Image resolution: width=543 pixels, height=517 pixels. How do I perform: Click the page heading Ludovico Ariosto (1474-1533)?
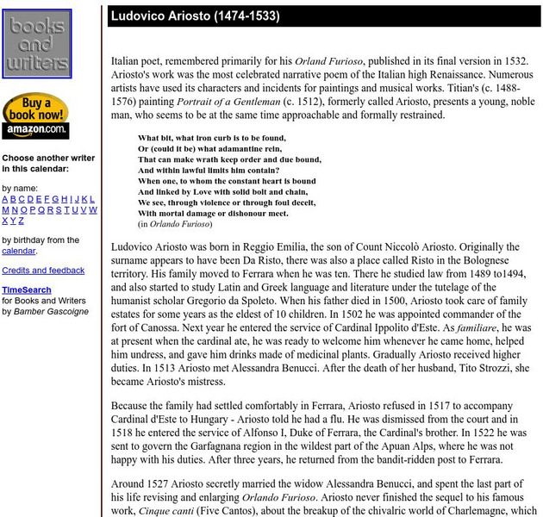[x=195, y=16]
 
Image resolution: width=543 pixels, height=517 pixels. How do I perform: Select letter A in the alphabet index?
[x=5, y=198]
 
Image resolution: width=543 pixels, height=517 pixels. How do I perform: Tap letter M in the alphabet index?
[x=5, y=209]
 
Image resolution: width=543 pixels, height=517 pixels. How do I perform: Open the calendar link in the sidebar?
[x=18, y=251]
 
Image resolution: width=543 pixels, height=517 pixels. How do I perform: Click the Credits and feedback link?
[x=43, y=270]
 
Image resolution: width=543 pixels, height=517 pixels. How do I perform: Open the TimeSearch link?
[x=26, y=290]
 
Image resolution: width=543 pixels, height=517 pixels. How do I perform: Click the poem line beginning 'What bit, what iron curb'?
[x=211, y=138]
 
